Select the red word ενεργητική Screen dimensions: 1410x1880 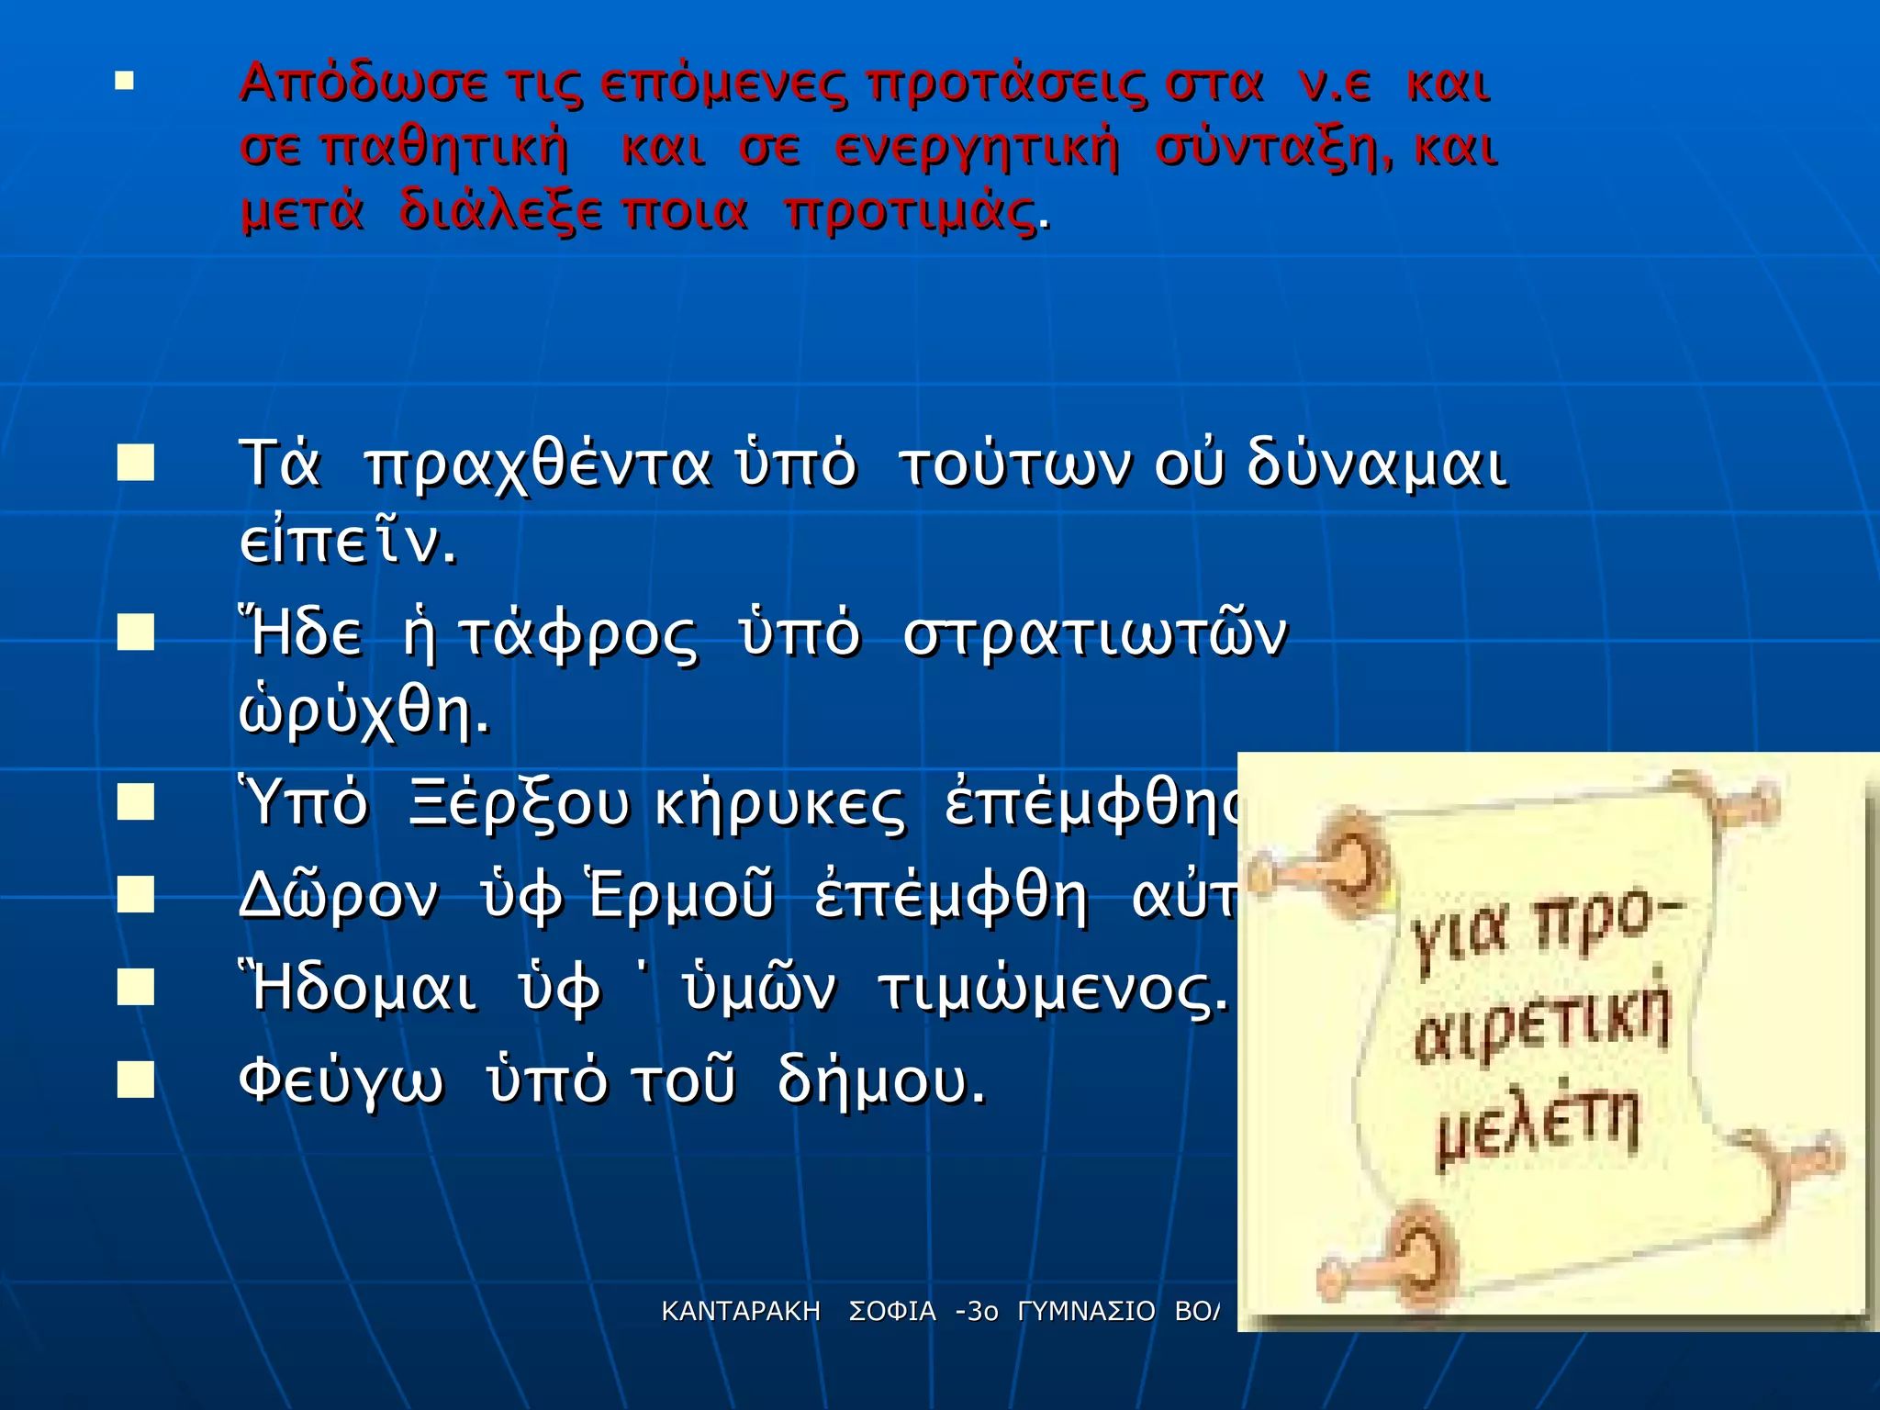[977, 149]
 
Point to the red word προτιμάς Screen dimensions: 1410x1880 [912, 213]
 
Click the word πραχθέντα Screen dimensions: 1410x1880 [538, 465]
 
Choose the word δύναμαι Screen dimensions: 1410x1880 [1375, 465]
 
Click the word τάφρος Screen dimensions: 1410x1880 [576, 635]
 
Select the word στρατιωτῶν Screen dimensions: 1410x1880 [1096, 635]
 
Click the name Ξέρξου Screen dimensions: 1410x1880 [520, 805]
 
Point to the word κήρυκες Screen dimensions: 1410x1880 [780, 805]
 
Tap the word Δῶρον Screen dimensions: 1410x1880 [338, 897]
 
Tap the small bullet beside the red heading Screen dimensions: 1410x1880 [125, 83]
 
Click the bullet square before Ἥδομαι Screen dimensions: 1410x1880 [136, 989]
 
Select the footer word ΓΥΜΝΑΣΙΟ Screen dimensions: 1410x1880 [1086, 1312]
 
